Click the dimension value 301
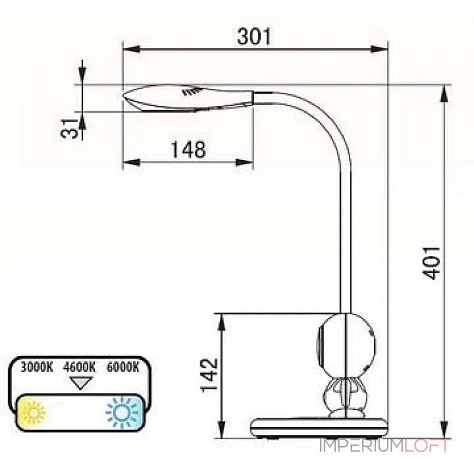pyautogui.click(x=254, y=37)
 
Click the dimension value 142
pyautogui.click(x=208, y=374)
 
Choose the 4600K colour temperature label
pyautogui.click(x=79, y=367)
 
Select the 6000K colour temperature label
pyautogui.click(x=123, y=367)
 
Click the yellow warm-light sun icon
pyautogui.click(x=33, y=411)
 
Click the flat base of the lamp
pyautogui.click(x=320, y=427)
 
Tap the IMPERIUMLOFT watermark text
pyautogui.click(x=385, y=446)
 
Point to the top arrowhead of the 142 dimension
pyautogui.click(x=222, y=320)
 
